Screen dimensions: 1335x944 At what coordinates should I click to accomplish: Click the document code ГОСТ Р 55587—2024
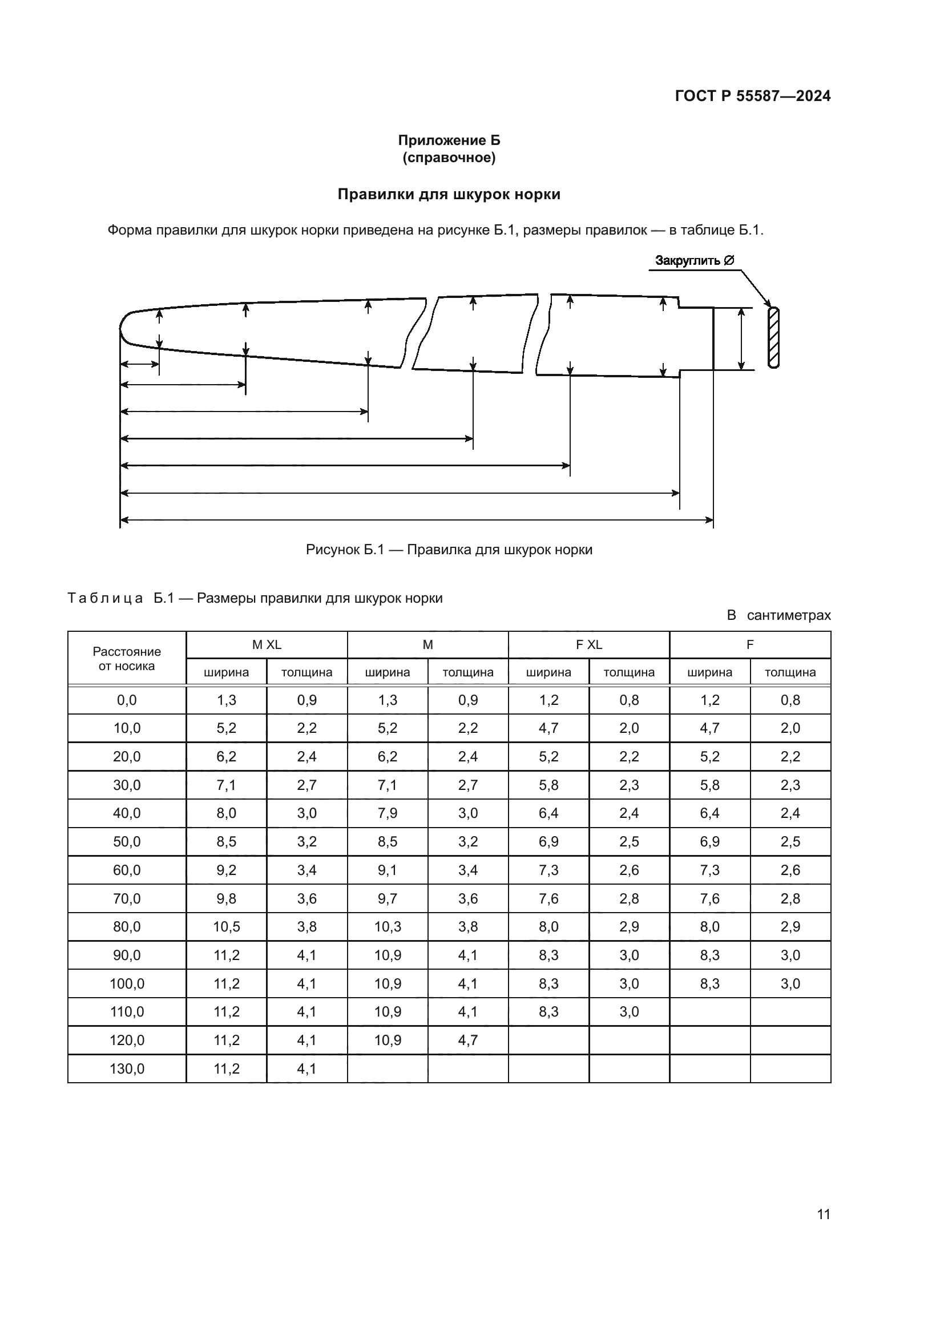(x=752, y=96)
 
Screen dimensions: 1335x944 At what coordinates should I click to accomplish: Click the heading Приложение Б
(x=449, y=140)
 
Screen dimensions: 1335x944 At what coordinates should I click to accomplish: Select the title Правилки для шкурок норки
(x=449, y=194)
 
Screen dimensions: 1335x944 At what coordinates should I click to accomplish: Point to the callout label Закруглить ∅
(x=694, y=260)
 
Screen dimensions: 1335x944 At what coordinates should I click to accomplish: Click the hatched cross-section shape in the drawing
(x=773, y=337)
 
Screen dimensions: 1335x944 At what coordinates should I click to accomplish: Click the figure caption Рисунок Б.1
(x=449, y=550)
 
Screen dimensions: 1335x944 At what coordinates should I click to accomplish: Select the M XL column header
(x=266, y=644)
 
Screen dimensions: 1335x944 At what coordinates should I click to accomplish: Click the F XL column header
(x=588, y=644)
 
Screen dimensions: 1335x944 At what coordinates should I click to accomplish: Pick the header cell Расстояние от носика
(x=127, y=658)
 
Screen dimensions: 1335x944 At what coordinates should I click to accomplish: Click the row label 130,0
(x=127, y=1068)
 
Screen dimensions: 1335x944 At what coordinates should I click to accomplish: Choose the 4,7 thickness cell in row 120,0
(x=467, y=1040)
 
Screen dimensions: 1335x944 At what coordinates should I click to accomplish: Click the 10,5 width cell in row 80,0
(x=226, y=927)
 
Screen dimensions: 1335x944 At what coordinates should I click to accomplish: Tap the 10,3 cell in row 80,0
(x=387, y=927)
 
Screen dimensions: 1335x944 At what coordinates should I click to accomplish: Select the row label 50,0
(x=127, y=841)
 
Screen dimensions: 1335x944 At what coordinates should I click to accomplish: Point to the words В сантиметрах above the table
(x=778, y=615)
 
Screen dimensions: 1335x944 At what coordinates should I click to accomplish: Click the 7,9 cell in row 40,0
(x=387, y=813)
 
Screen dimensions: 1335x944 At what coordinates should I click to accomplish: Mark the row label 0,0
(x=127, y=700)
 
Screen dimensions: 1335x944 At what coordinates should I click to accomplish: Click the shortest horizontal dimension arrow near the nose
(x=139, y=365)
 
